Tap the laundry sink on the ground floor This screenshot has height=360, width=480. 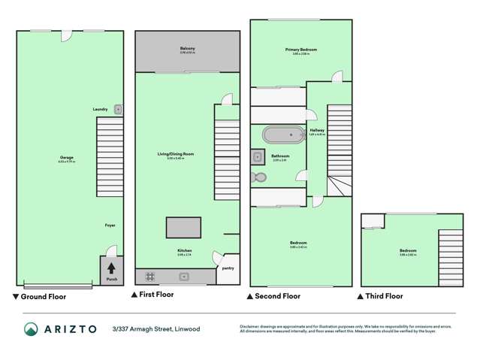118,109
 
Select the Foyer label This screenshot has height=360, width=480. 110,225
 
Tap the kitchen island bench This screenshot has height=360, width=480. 184,226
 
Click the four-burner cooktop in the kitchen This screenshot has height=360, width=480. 149,276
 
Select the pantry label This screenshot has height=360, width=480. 227,268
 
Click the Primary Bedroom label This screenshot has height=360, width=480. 301,50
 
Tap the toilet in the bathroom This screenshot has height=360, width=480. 258,177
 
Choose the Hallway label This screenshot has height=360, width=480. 317,132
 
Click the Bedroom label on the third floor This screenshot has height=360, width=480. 408,251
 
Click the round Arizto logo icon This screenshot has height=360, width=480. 30,329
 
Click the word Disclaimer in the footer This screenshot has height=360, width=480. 250,326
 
